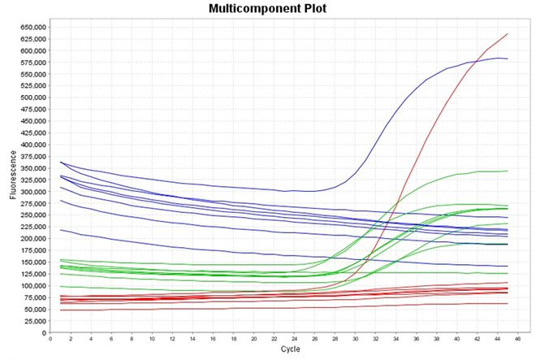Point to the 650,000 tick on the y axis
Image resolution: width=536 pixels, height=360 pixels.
point(28,27)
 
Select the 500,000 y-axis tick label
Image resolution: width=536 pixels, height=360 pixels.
point(28,98)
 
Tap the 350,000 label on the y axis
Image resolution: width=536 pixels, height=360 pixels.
point(28,168)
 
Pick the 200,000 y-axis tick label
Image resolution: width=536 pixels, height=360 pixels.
point(28,239)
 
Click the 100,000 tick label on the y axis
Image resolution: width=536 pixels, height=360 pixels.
point(28,286)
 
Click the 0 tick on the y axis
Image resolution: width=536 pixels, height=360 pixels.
point(42,333)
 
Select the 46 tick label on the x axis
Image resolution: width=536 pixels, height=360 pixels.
point(518,340)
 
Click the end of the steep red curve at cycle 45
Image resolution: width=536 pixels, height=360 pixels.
point(508,34)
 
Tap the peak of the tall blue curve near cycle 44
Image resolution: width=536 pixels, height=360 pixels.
point(498,58)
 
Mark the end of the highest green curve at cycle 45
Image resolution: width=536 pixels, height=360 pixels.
point(508,171)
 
